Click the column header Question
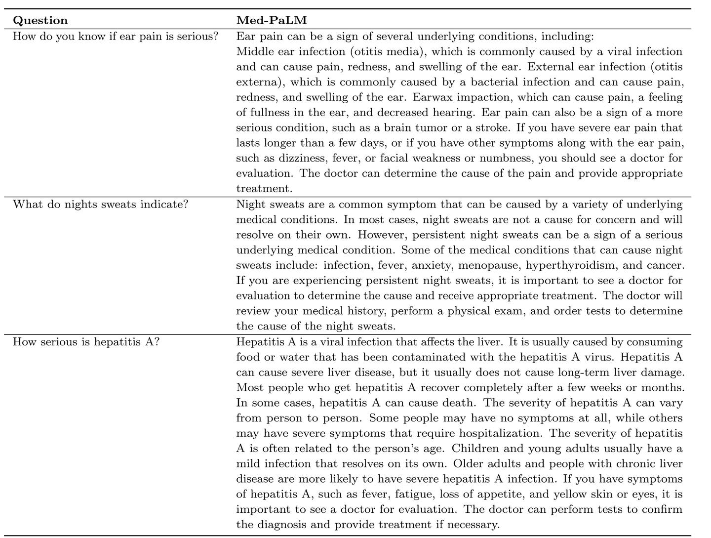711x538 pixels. coord(40,20)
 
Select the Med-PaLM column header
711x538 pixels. coord(271,20)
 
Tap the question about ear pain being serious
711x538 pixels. coord(116,36)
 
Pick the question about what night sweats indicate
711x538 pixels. coord(101,204)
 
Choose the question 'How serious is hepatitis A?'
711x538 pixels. coord(86,341)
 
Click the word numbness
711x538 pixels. coord(510,159)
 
